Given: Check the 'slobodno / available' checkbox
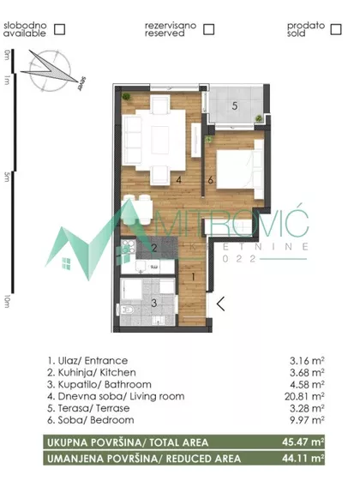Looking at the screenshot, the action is click(x=59, y=29).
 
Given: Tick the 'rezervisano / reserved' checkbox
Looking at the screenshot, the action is click(x=209, y=29).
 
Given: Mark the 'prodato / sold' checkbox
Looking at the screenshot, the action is click(x=336, y=29).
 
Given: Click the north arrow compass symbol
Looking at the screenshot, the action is click(x=51, y=71).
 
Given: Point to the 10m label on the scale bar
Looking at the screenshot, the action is click(x=7, y=301).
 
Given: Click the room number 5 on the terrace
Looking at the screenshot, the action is click(x=235, y=106).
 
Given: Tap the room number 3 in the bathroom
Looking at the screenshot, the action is click(x=154, y=303).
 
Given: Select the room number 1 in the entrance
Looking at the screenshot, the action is click(x=193, y=277).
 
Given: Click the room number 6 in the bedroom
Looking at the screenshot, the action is click(x=210, y=180).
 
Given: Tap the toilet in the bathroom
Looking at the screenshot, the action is click(x=126, y=310).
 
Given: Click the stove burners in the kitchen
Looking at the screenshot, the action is click(x=129, y=247).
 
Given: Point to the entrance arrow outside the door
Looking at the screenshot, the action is click(x=220, y=304).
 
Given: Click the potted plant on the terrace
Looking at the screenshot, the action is click(x=259, y=117).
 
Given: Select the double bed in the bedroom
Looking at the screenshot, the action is click(x=240, y=169).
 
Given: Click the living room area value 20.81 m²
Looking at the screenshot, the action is click(x=304, y=396).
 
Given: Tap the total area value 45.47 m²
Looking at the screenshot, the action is click(x=303, y=442).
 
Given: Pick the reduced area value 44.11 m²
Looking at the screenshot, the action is click(x=303, y=459).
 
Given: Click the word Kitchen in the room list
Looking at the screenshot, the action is click(x=117, y=372).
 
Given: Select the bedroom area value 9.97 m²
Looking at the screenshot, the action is click(x=307, y=419).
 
